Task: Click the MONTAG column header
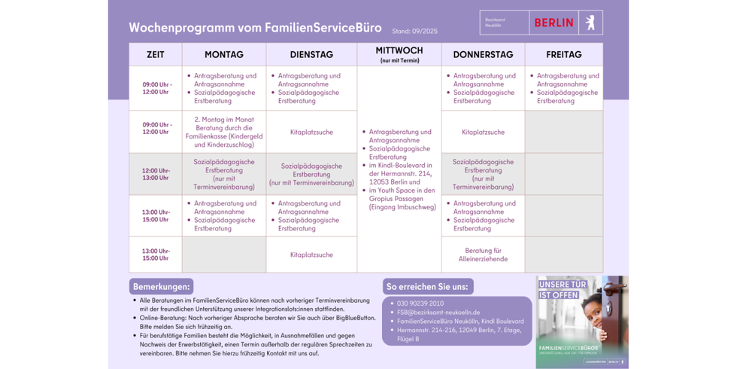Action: click(223, 55)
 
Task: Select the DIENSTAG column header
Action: click(311, 55)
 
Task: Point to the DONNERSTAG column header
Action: click(483, 55)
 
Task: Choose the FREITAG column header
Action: click(563, 55)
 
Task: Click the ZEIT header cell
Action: click(156, 55)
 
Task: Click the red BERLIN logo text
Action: click(554, 23)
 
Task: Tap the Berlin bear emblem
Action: click(590, 23)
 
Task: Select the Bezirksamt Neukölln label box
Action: click(504, 23)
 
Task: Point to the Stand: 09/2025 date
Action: click(414, 32)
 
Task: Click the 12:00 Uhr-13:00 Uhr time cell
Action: click(156, 175)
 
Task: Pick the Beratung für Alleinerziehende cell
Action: click(483, 255)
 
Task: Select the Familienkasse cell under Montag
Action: click(223, 132)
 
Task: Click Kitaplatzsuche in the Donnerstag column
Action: click(483, 132)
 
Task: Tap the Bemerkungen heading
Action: click(161, 287)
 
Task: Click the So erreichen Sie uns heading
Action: click(427, 287)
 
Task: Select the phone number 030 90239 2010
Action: click(420, 303)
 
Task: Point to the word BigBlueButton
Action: click(355, 318)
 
